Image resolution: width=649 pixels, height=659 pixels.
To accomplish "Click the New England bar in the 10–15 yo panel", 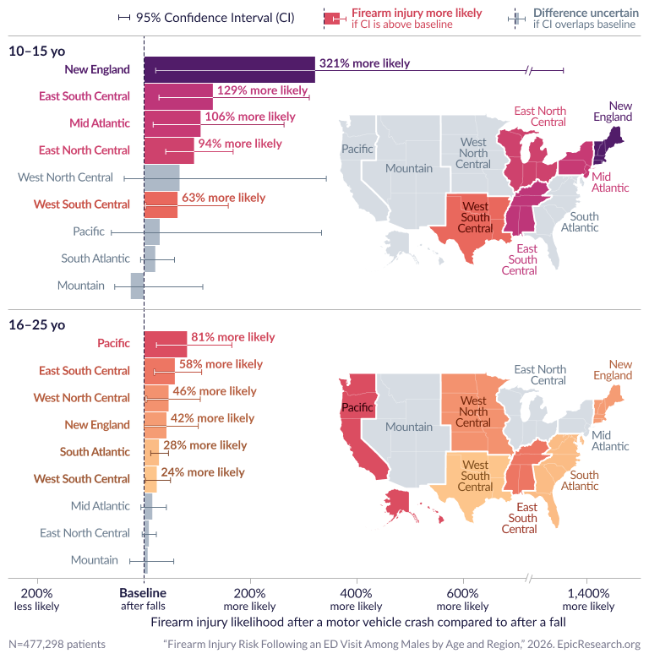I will point(228,69).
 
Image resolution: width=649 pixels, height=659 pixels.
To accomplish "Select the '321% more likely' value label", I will point(364,63).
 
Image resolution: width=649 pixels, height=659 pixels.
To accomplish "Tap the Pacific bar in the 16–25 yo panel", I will point(166,344).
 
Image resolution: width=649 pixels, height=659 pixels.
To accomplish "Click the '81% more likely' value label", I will point(233,337).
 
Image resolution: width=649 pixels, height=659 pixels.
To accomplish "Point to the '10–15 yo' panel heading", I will point(35,51).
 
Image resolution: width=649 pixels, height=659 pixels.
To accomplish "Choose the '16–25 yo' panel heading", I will point(35,324).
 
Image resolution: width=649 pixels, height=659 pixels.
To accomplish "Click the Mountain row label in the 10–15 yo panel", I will point(81,286).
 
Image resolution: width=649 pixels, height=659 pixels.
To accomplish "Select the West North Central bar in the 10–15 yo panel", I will point(161,177).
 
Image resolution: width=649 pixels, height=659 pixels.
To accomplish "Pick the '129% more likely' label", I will point(262,90).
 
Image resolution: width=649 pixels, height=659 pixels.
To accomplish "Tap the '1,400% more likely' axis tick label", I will point(588,599).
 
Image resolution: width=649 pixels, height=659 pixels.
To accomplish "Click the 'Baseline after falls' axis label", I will point(143,599).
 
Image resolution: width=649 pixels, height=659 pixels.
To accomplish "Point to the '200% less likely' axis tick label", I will point(35,599).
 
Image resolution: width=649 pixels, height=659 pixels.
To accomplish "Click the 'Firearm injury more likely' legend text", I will point(417,14).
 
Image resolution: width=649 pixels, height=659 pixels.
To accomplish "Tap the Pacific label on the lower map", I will point(357,407).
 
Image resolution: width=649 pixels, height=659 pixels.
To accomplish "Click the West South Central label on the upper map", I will point(475,217).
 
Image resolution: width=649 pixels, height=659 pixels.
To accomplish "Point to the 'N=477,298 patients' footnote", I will point(57,644).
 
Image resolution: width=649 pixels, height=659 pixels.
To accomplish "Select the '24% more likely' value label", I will point(203,472).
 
